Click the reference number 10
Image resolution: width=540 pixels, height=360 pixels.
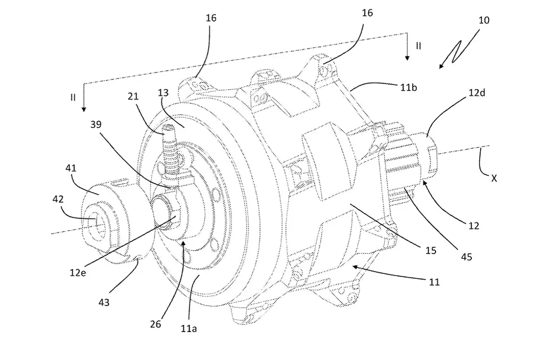point(484,20)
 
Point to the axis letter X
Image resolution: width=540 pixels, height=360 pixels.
point(493,178)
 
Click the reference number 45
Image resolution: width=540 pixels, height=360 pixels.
point(466,257)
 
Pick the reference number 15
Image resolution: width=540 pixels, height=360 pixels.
point(430,251)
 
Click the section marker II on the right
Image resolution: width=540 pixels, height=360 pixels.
point(418,46)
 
